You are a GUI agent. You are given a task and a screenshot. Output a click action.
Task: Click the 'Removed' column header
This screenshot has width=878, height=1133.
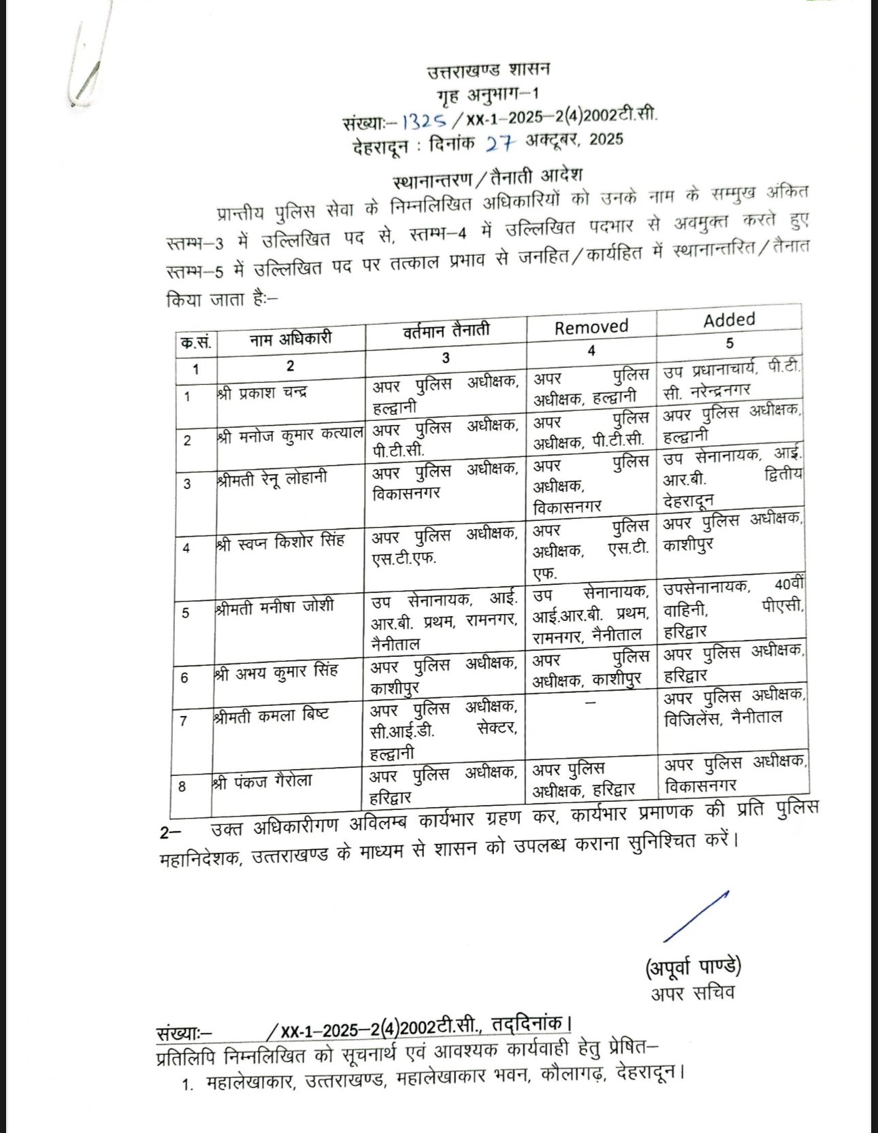591,327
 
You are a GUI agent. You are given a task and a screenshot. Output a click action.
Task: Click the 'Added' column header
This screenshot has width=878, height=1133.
729,320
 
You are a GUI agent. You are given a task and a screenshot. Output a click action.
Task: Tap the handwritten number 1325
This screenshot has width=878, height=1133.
424,121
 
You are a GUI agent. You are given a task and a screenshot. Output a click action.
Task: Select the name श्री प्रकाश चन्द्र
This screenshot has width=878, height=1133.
262,393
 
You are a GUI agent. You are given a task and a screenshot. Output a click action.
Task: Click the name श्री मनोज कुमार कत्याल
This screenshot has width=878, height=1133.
290,435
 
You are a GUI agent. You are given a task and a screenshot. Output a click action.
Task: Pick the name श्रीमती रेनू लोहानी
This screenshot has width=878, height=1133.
272,479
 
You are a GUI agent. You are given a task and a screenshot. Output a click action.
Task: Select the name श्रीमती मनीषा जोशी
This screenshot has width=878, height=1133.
274,607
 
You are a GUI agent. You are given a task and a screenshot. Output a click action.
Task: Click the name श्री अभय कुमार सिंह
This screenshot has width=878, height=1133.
276,673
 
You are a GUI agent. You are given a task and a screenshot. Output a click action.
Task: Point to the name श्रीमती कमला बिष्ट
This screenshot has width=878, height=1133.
271,716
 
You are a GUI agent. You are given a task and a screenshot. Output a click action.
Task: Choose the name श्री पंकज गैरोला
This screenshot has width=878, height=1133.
262,781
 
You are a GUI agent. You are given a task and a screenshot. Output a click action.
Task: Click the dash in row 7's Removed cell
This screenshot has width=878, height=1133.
590,701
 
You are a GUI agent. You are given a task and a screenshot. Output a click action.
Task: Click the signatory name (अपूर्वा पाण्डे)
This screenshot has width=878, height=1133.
693,966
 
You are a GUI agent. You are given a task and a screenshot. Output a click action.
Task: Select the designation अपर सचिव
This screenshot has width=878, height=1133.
692,994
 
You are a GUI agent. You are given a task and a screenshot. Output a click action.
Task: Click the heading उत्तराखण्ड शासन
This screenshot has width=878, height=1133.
489,70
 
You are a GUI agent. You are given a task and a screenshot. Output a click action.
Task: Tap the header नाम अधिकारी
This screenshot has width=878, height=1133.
290,338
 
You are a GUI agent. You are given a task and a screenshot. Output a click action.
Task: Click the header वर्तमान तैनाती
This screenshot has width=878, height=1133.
446,331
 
